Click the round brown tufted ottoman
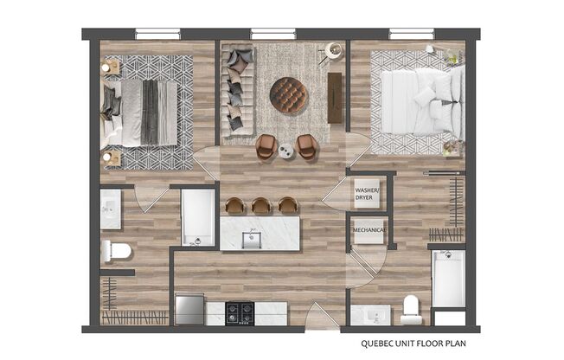point(288,94)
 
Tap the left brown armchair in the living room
point(266,147)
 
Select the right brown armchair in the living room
point(307,147)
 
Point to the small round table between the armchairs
point(287,152)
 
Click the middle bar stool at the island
point(261,205)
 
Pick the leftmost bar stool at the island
point(235,205)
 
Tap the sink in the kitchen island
point(251,237)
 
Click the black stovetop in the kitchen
point(240,311)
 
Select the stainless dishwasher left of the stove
point(189,309)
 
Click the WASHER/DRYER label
point(365,193)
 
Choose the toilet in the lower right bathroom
point(412,309)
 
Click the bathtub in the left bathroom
point(198,217)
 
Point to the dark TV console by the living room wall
point(335,97)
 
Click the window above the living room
point(272,35)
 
